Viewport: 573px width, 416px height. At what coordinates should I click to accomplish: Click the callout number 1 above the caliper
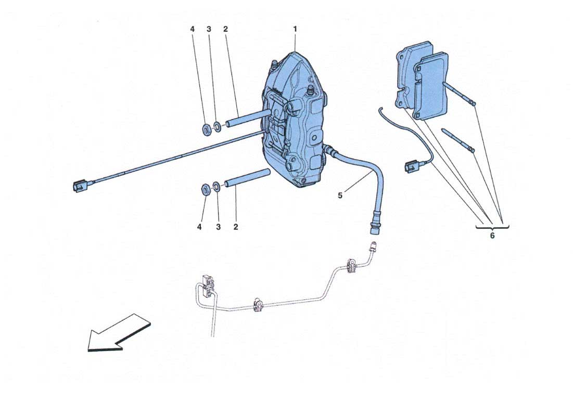click(x=295, y=29)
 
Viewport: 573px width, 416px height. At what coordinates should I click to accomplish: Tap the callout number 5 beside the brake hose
click(x=340, y=196)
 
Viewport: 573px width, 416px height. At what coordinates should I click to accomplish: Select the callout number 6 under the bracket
click(x=492, y=236)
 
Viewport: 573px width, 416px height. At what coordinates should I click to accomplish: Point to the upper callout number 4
click(x=193, y=29)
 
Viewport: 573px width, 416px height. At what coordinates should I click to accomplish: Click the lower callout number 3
click(x=218, y=227)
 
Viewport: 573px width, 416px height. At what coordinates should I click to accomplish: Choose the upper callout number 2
click(x=225, y=29)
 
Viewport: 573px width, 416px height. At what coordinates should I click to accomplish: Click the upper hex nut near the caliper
click(x=206, y=129)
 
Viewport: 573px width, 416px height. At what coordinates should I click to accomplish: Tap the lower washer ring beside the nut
click(x=217, y=187)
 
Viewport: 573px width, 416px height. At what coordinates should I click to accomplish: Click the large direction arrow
click(x=119, y=333)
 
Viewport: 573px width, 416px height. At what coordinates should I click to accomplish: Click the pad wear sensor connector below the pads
click(x=412, y=168)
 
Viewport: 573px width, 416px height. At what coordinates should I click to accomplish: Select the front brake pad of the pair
click(x=431, y=86)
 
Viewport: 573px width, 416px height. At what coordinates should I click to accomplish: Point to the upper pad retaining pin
click(x=460, y=94)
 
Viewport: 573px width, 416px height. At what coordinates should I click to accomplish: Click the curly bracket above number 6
click(x=492, y=228)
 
